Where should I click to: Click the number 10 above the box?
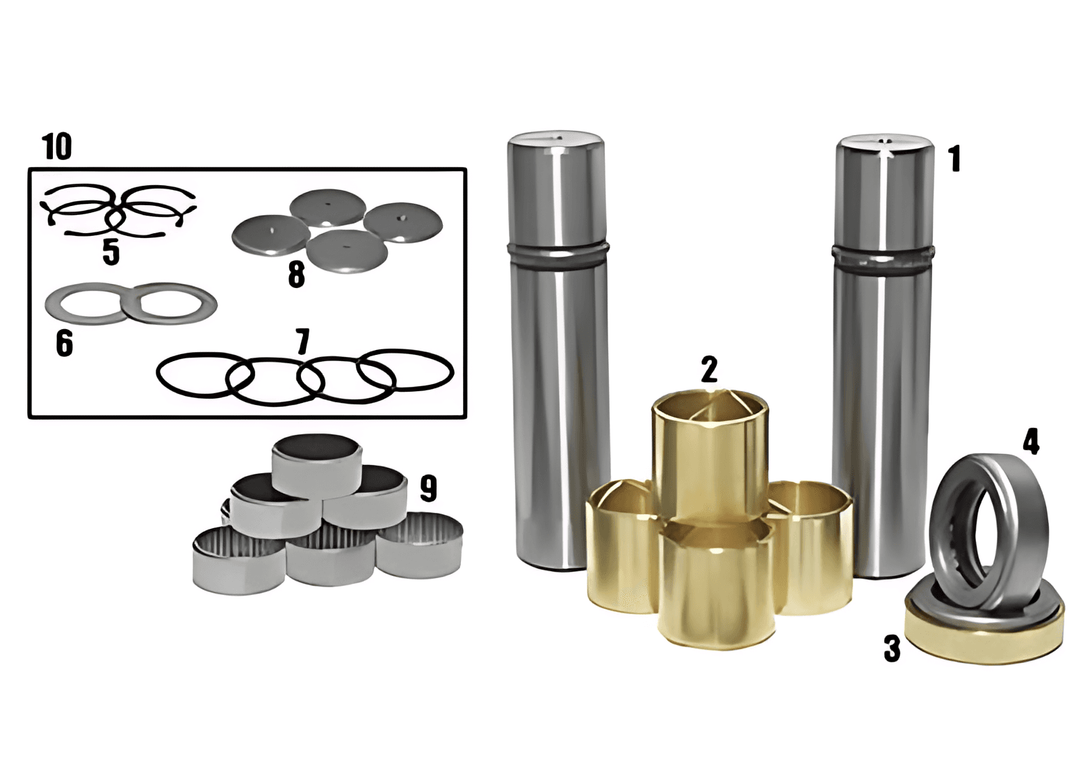pos(58,146)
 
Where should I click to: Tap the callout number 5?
pos(111,253)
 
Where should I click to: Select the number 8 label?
pos(296,275)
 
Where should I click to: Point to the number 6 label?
pos(64,343)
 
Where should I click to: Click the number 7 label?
pos(302,342)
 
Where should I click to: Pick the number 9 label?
pos(428,488)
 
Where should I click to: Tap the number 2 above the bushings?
pos(709,370)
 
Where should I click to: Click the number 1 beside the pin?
pos(955,159)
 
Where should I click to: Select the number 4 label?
pos(1031,442)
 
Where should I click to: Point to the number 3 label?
pos(892,648)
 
